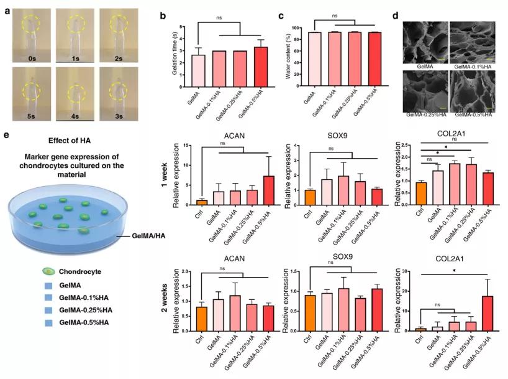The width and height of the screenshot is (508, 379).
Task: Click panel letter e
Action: [x=6, y=134]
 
